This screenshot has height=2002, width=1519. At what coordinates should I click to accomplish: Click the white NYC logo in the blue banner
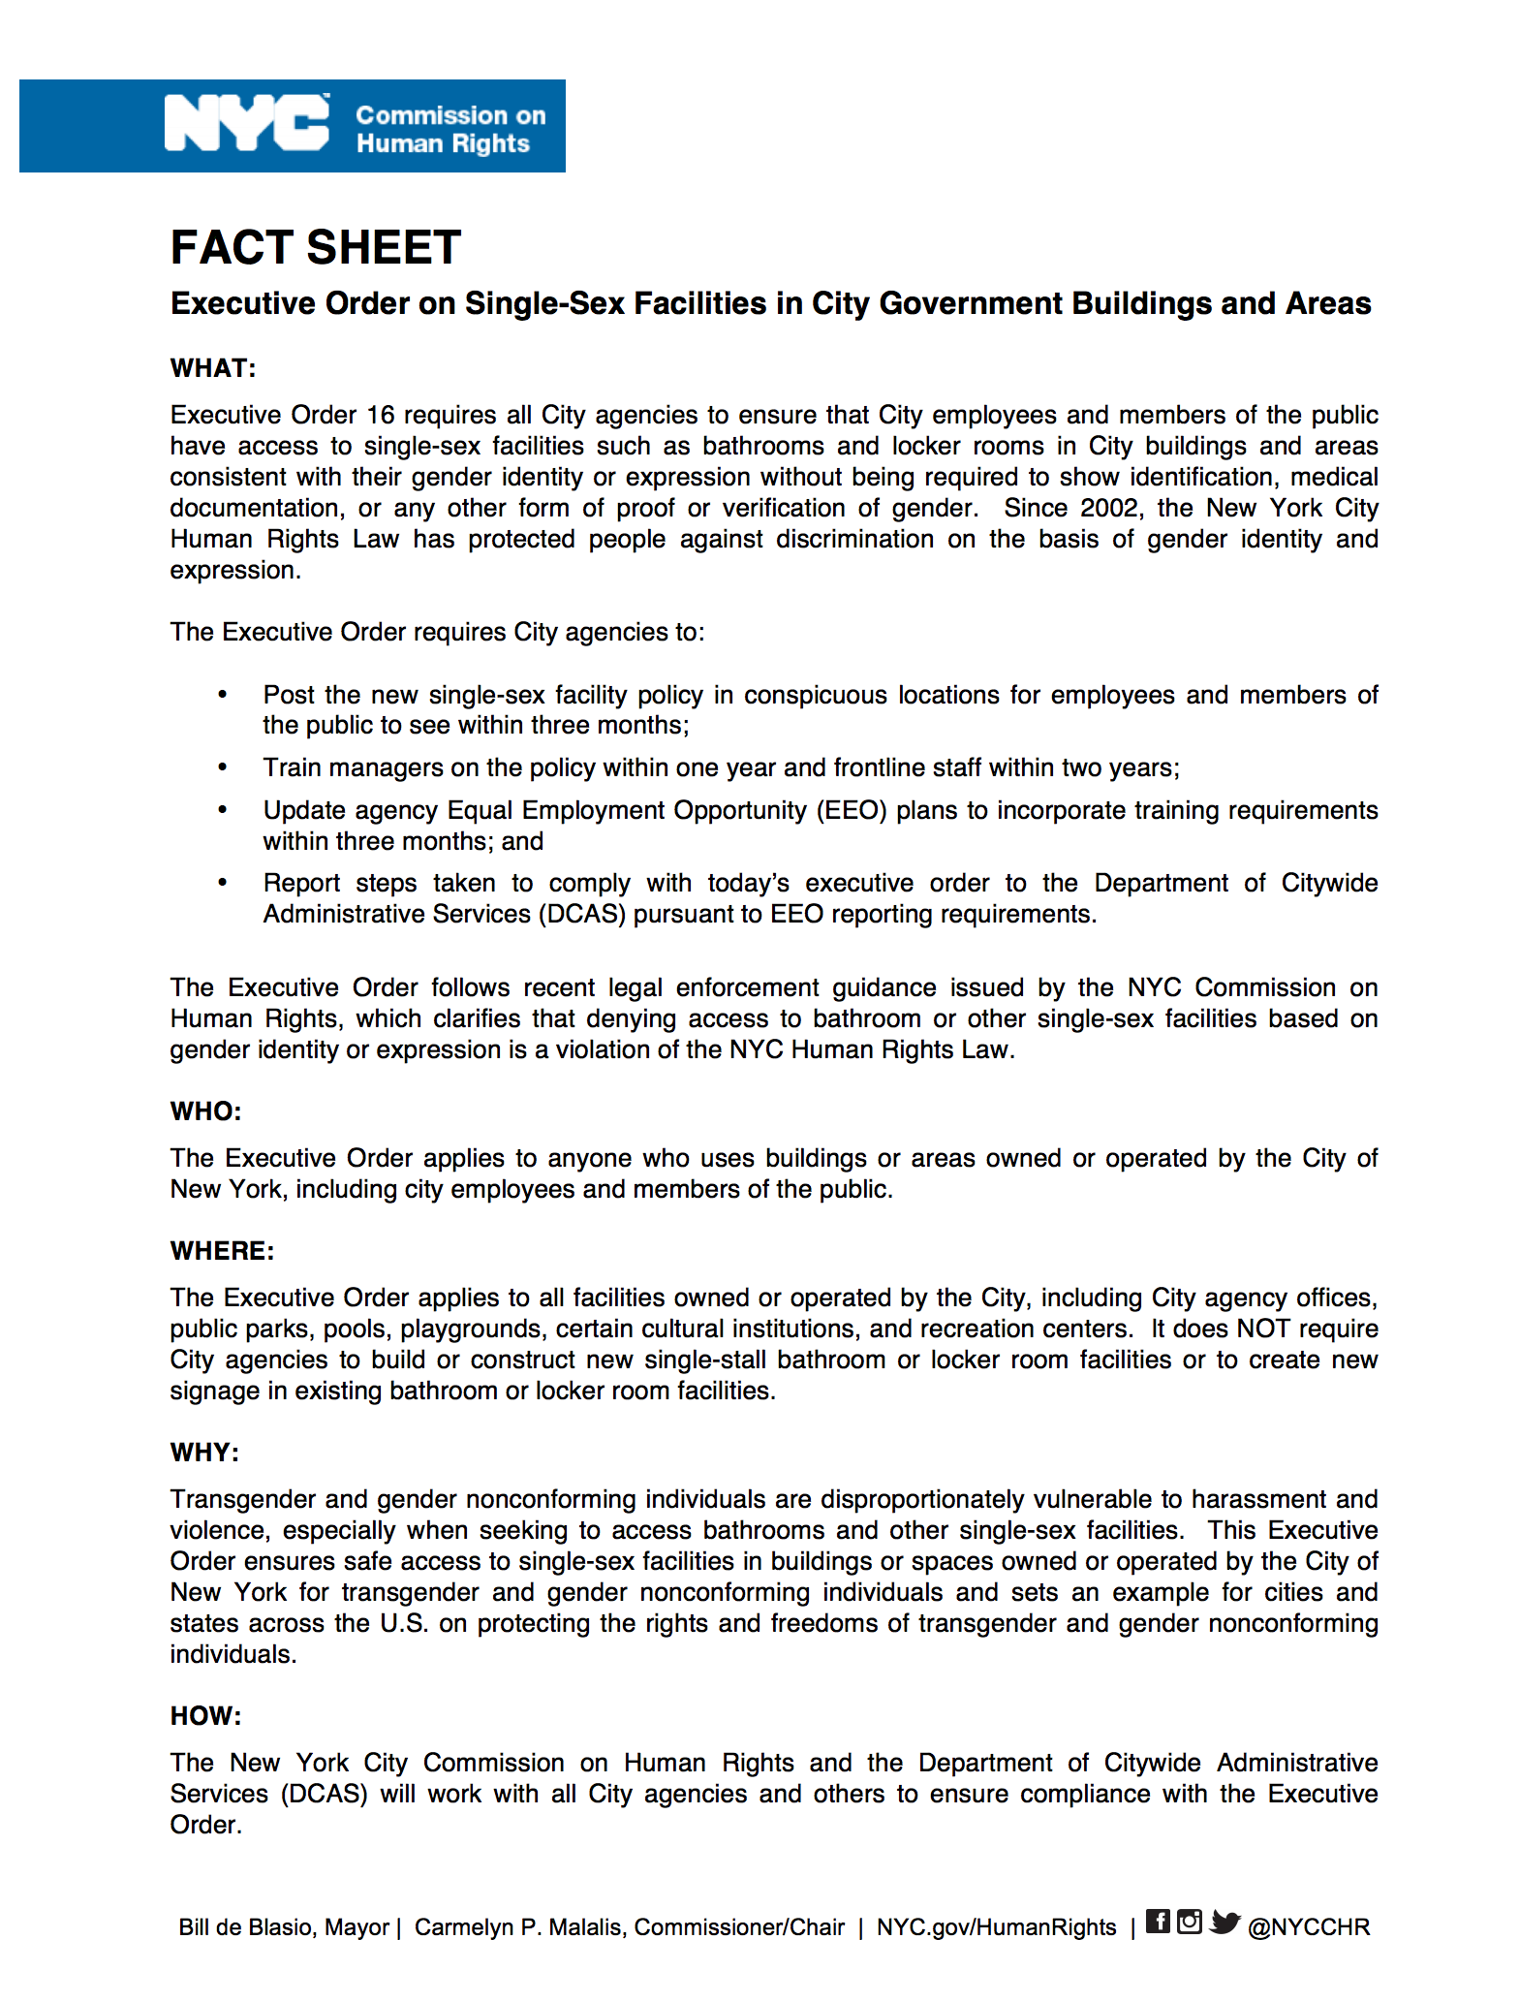pyautogui.click(x=247, y=124)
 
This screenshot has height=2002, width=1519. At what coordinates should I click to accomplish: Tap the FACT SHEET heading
pyautogui.click(x=316, y=247)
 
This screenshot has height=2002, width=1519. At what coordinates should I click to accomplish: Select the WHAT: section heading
pyautogui.click(x=212, y=368)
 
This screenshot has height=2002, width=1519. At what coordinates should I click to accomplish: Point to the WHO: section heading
pyautogui.click(x=205, y=1111)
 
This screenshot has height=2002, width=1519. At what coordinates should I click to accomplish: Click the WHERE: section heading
pyautogui.click(x=222, y=1251)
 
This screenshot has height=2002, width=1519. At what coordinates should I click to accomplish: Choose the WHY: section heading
pyautogui.click(x=204, y=1453)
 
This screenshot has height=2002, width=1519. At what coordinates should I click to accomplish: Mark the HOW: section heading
pyautogui.click(x=205, y=1716)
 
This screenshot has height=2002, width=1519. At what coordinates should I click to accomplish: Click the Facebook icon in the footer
pyautogui.click(x=1158, y=1921)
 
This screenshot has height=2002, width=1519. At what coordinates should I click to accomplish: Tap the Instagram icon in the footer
pyautogui.click(x=1190, y=1921)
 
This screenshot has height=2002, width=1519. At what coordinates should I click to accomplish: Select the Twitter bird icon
pyautogui.click(x=1224, y=1922)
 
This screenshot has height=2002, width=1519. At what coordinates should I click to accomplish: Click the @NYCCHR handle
pyautogui.click(x=1309, y=1927)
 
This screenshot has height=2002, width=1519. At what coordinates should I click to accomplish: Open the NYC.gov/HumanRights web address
pyautogui.click(x=996, y=1927)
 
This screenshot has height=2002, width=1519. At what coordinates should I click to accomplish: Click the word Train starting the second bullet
pyautogui.click(x=293, y=768)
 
